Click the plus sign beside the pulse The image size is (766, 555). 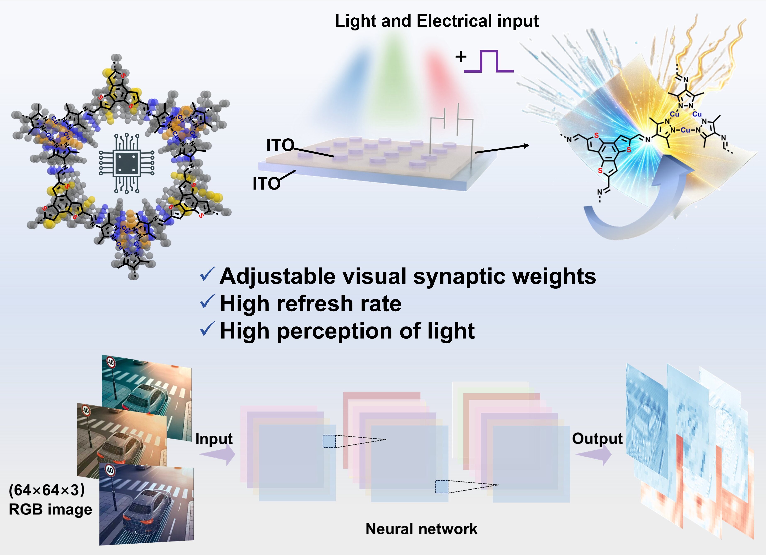461,57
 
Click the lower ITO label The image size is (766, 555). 266,184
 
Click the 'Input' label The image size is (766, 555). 214,439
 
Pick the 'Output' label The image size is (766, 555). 597,439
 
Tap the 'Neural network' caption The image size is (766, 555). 421,529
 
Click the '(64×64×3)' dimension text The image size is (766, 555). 47,490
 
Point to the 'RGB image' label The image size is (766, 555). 50,509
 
